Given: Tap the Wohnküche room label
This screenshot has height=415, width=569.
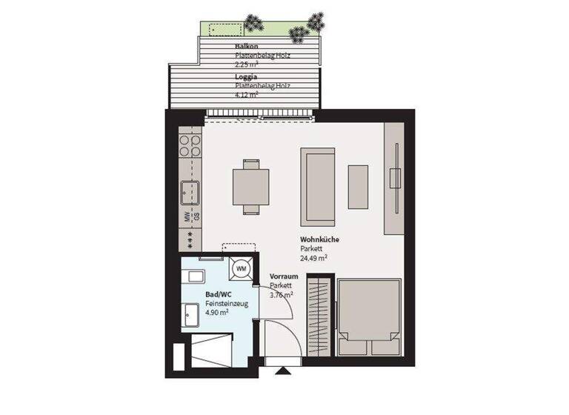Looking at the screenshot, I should click(319, 240).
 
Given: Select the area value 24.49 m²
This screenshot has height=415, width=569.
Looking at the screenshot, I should click(314, 259).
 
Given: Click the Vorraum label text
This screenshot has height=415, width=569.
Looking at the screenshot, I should click(283, 276).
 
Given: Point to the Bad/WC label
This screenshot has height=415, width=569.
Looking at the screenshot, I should click(218, 294).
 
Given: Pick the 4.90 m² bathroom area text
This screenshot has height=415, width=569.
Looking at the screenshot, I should click(216, 313).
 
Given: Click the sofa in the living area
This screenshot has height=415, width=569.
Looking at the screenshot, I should click(318, 187).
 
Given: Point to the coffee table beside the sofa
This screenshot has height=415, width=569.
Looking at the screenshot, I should click(359, 187).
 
